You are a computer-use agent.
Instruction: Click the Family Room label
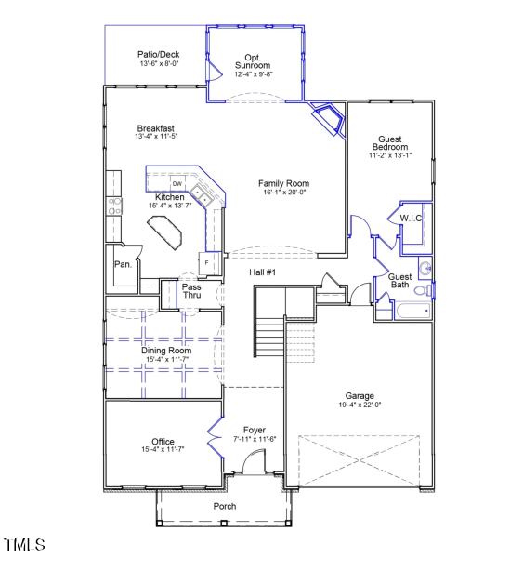pyautogui.click(x=283, y=183)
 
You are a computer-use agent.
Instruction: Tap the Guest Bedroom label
pyautogui.click(x=389, y=141)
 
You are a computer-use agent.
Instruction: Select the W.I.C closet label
pyautogui.click(x=411, y=218)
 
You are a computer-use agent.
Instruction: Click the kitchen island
pyautogui.click(x=171, y=238)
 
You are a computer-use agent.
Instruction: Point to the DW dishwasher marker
pyautogui.click(x=177, y=184)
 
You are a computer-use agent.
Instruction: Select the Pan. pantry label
pyautogui.click(x=122, y=264)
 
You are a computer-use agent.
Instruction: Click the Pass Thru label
pyautogui.click(x=191, y=291)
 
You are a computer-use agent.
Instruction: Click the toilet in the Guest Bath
pyautogui.click(x=422, y=290)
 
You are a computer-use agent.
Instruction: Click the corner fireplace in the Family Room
pyautogui.click(x=327, y=119)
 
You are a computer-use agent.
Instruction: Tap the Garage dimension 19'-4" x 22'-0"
pyautogui.click(x=360, y=405)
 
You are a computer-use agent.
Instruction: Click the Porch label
pyautogui.click(x=224, y=506)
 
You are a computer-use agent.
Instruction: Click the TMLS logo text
pyautogui.click(x=24, y=545)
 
